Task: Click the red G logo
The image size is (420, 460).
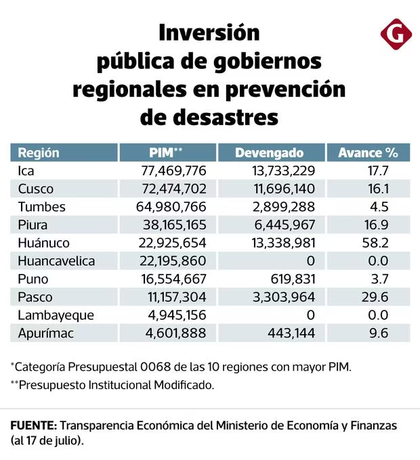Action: [396, 34]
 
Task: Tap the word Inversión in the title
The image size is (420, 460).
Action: [209, 32]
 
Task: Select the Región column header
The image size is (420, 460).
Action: [39, 153]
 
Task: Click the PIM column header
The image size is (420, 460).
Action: [166, 153]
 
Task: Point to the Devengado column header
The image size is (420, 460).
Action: [270, 153]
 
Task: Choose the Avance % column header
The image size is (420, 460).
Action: [368, 153]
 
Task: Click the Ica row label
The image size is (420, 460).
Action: [26, 170]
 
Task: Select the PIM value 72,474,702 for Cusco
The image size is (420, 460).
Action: [174, 189]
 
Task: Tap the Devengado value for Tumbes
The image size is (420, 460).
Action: [284, 207]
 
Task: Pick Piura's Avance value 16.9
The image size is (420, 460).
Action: [376, 225]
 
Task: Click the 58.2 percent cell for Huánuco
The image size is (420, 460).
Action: [375, 243]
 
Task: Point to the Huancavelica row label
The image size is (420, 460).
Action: [56, 261]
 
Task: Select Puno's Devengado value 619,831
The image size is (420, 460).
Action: [293, 279]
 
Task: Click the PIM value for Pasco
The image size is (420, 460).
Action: [177, 297]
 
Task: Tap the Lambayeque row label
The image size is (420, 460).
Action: [56, 316]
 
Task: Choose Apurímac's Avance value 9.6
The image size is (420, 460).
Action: [379, 333]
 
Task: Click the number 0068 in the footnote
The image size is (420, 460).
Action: [155, 367]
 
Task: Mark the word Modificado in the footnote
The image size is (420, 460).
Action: [184, 385]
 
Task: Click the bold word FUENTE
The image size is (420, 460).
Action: [34, 425]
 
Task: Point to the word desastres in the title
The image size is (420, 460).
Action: [209, 117]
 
